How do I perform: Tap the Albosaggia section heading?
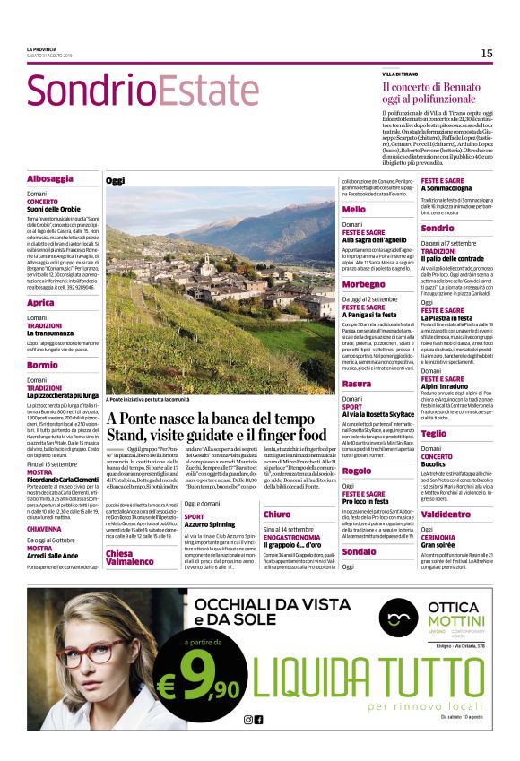50,178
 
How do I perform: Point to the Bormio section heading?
43,365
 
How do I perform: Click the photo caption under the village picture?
149,399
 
